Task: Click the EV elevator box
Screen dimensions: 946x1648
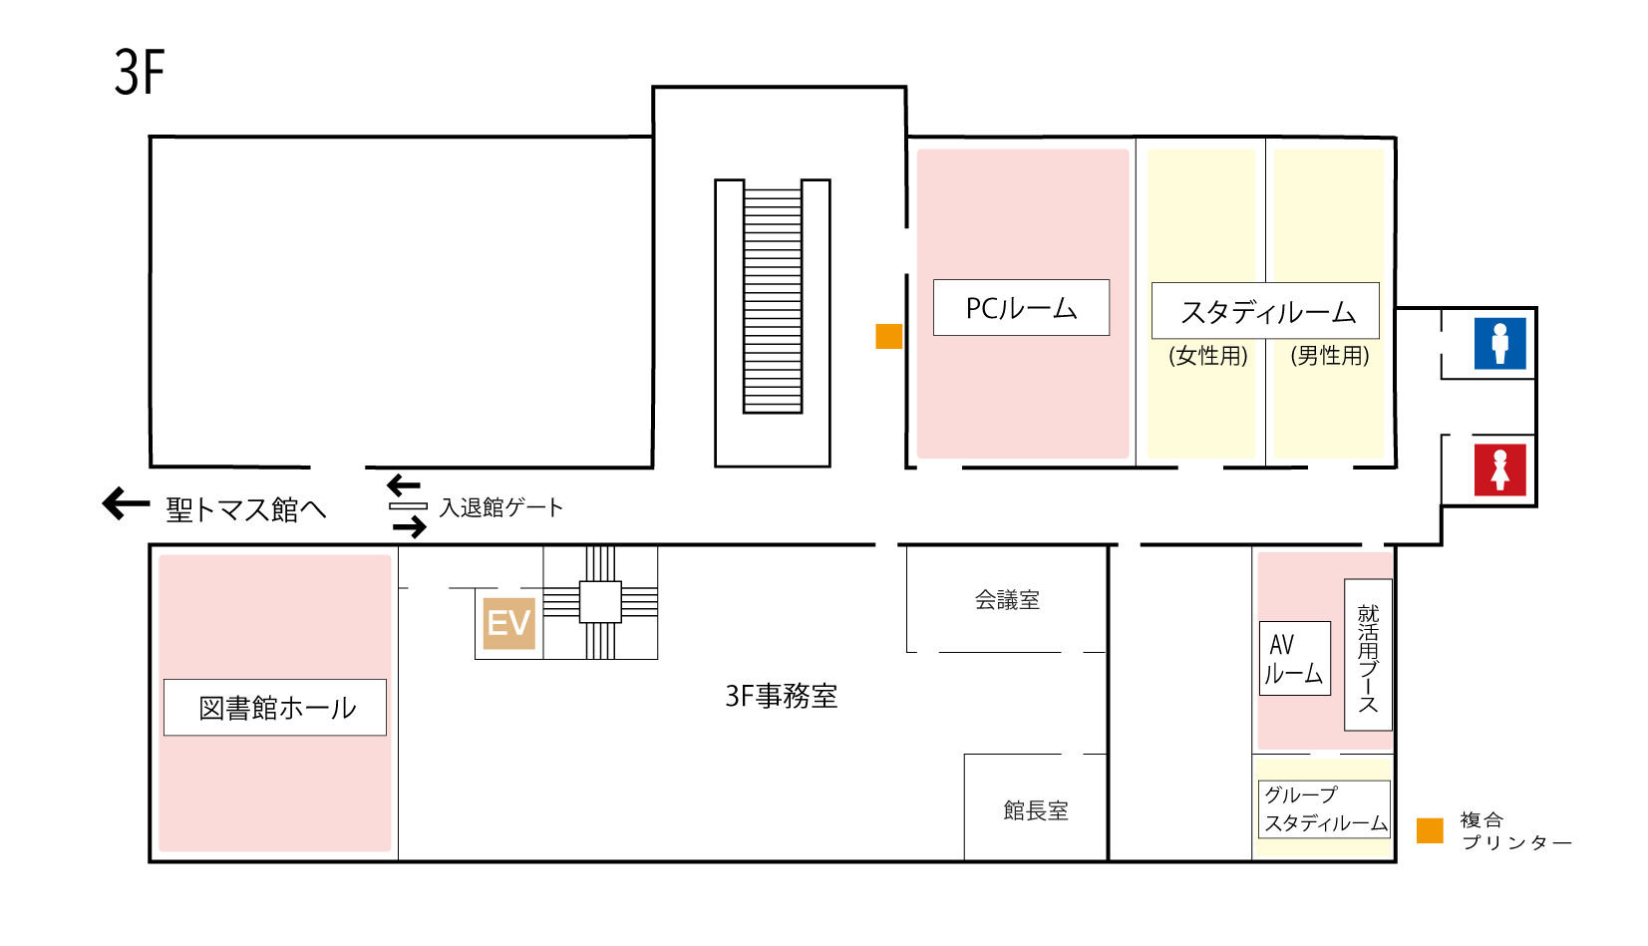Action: click(x=508, y=623)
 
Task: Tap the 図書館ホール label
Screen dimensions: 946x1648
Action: click(x=275, y=708)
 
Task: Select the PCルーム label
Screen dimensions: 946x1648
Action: click(x=1021, y=308)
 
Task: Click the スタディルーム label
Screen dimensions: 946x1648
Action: click(x=1266, y=311)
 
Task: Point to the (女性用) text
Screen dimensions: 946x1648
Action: click(x=1207, y=356)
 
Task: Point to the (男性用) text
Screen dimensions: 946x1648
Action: click(x=1329, y=356)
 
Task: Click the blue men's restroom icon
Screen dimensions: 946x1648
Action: click(x=1499, y=343)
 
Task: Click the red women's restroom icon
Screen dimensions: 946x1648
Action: click(x=1499, y=470)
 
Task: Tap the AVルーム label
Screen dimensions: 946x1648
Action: click(x=1294, y=659)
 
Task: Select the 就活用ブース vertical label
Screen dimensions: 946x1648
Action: click(x=1368, y=655)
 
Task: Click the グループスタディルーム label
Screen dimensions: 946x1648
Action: click(x=1324, y=808)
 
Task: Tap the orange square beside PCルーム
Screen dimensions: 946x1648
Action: click(x=889, y=336)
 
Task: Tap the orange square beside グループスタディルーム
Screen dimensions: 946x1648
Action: click(x=1430, y=829)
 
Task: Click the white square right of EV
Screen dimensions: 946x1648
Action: click(x=600, y=602)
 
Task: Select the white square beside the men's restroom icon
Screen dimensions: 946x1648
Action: click(x=1448, y=342)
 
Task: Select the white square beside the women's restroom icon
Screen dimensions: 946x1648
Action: click(x=1461, y=442)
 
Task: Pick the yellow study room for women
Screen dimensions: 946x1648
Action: click(x=1201, y=219)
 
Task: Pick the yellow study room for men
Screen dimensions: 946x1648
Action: click(x=1328, y=219)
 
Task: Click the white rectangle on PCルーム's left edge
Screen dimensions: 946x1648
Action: click(x=907, y=250)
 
